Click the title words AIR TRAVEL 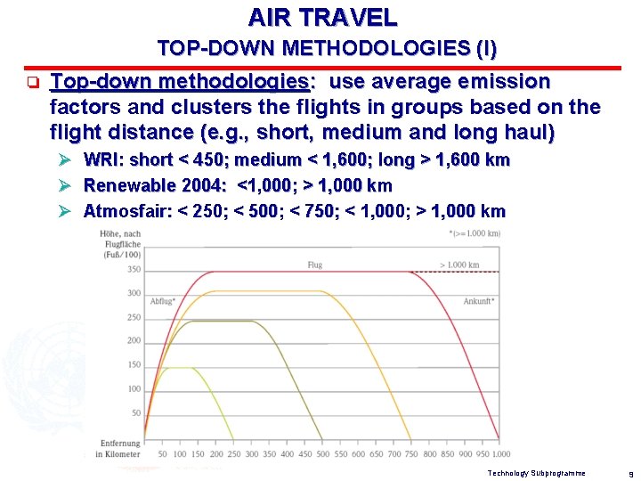coord(322,17)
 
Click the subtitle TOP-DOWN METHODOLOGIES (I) coord(327,48)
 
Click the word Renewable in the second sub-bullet coord(124,186)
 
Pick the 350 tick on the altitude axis coord(134,270)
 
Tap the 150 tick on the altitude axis coord(134,365)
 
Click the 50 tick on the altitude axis coord(136,413)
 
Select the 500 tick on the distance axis coord(322,454)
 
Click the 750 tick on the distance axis coord(410,454)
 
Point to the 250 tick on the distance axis coord(233,454)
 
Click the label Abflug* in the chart coord(163,302)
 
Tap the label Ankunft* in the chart coord(479,302)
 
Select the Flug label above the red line coord(314,265)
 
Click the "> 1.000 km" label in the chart coord(459,265)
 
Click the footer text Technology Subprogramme coord(537,473)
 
